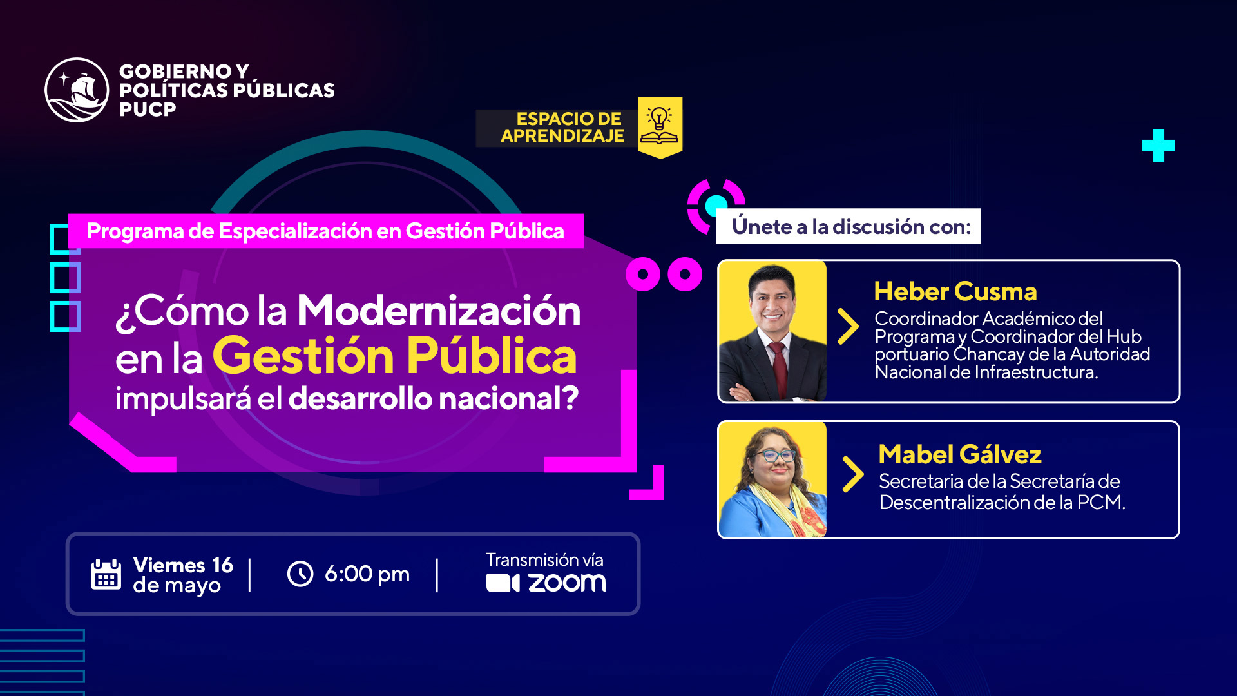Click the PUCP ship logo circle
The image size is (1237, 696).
pyautogui.click(x=77, y=90)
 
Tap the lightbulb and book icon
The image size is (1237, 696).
pyautogui.click(x=659, y=125)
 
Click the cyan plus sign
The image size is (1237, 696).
pyautogui.click(x=1158, y=146)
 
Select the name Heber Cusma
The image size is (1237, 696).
pyautogui.click(x=955, y=292)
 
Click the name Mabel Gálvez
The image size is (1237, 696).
pyautogui.click(x=960, y=454)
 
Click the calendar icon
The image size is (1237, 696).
pyautogui.click(x=106, y=574)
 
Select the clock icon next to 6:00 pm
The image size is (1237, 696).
pyautogui.click(x=300, y=574)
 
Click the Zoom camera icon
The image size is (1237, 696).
pyautogui.click(x=503, y=583)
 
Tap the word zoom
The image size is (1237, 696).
pyautogui.click(x=567, y=583)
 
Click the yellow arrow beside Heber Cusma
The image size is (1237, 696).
pyautogui.click(x=848, y=326)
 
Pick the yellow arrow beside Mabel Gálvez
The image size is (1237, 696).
pyautogui.click(x=853, y=474)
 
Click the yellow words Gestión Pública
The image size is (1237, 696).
pyautogui.click(x=394, y=356)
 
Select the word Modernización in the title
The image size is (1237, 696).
pyautogui.click(x=439, y=311)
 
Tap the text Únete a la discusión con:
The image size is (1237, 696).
pyautogui.click(x=851, y=227)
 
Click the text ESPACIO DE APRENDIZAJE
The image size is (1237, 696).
pyautogui.click(x=562, y=128)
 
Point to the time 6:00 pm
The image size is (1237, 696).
pyautogui.click(x=367, y=574)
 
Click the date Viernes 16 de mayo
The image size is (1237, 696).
pyautogui.click(x=183, y=575)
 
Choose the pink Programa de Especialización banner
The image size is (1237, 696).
pyautogui.click(x=326, y=231)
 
